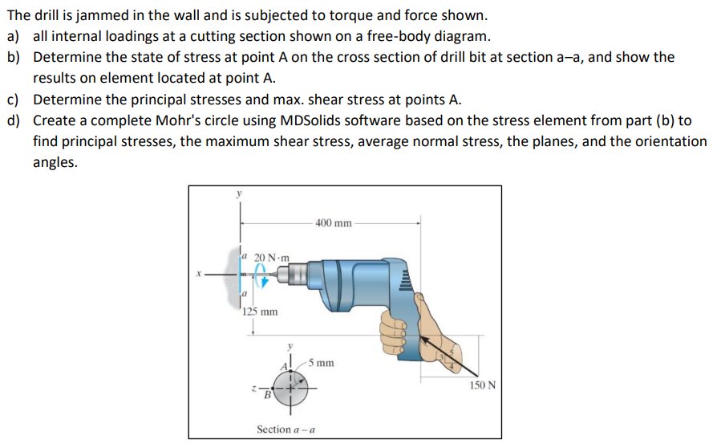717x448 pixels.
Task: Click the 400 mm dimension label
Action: [x=333, y=222]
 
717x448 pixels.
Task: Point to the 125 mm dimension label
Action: [x=260, y=312]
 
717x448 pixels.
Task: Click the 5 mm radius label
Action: [x=322, y=363]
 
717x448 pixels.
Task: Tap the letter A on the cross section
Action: [x=283, y=368]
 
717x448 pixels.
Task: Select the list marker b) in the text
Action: [x=14, y=58]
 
